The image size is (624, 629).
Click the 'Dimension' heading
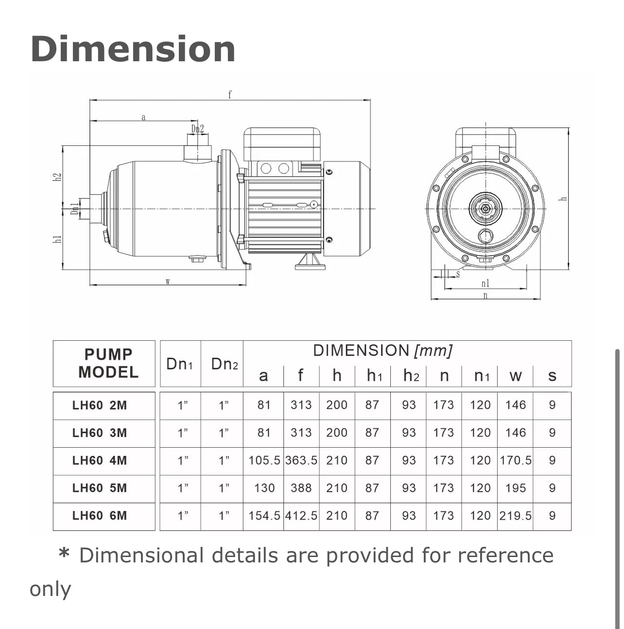[x=133, y=49]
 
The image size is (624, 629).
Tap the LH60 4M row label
[x=100, y=460]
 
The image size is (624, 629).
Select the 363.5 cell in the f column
[x=301, y=460]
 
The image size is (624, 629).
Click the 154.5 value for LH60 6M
[x=264, y=515]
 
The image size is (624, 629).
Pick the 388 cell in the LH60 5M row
[x=301, y=488]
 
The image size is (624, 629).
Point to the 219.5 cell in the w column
[x=515, y=515]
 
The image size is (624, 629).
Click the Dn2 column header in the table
[x=224, y=364]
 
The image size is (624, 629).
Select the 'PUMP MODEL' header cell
[x=108, y=363]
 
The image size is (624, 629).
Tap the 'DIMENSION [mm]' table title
[x=382, y=350]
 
